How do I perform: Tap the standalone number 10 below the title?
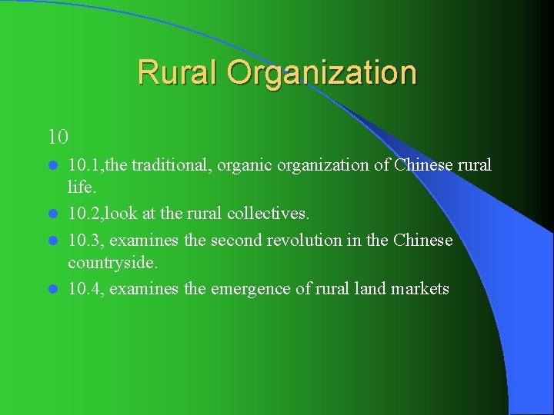point(58,138)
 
